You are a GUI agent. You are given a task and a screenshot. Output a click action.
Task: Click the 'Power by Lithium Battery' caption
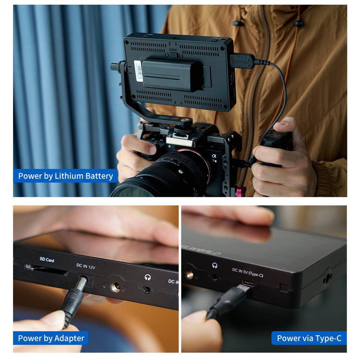[x=65, y=176]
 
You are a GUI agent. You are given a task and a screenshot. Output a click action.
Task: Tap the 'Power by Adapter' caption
[x=51, y=338]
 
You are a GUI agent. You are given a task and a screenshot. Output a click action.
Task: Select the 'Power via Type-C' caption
[x=309, y=338]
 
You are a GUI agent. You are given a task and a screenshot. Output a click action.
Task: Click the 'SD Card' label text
[x=47, y=260]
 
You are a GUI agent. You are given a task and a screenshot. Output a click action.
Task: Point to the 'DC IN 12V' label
[x=86, y=267]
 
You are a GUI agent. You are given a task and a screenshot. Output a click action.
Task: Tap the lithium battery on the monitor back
[x=172, y=75]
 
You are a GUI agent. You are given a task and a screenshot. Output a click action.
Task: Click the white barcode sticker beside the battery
[x=139, y=71]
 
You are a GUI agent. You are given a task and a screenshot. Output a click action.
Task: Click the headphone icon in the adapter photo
[x=148, y=277]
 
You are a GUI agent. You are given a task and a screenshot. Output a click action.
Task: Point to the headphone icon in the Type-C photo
[x=214, y=265]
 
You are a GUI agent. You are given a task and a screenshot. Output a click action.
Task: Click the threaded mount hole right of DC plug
[x=115, y=287]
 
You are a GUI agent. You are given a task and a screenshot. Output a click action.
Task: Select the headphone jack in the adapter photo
[x=147, y=290]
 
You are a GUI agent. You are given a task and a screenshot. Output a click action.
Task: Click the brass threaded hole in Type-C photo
[x=189, y=274]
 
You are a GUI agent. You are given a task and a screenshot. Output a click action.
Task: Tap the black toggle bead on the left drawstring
[x=238, y=24]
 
